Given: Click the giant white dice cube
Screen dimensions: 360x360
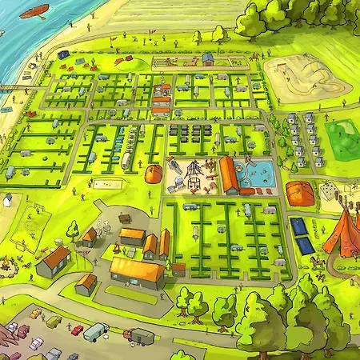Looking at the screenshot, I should tap(327, 190).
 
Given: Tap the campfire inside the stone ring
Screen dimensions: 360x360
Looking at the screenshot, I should tap(10, 262).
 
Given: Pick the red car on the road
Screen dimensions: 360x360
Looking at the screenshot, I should tap(77, 330).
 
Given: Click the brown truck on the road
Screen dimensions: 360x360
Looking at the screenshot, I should tap(139, 337).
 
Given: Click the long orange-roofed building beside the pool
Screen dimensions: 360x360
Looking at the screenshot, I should tap(230, 175).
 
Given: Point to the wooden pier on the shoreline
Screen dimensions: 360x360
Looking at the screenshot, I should tap(8, 86).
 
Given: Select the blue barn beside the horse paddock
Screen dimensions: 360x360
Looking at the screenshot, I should tap(208, 58).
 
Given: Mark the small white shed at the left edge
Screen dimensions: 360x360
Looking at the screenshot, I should tap(7, 199).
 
